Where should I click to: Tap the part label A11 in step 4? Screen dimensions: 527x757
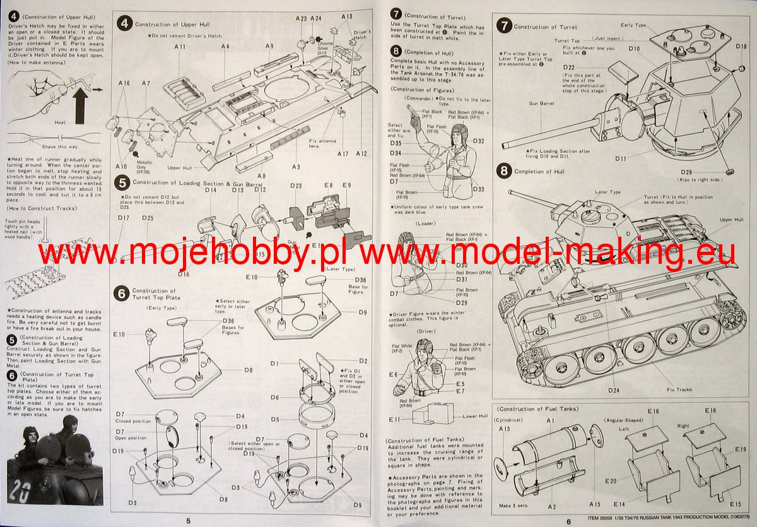click(180, 47)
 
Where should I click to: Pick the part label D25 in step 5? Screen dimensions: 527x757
click(148, 218)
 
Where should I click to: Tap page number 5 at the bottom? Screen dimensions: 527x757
click(188, 521)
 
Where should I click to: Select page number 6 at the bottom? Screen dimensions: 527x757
click(568, 521)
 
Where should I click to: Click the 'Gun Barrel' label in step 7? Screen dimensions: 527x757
click(541, 102)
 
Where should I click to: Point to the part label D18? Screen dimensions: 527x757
click(741, 47)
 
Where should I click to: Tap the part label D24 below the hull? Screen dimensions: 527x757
click(614, 391)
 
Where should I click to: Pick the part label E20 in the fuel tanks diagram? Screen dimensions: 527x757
click(611, 481)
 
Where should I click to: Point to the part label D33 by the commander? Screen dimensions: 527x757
click(478, 189)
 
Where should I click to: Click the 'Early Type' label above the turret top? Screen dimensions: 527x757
click(633, 25)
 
